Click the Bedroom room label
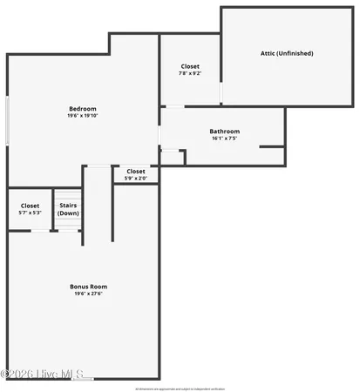point(83,109)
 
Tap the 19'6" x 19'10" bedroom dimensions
point(83,116)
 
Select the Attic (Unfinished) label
point(287,53)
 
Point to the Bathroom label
point(225,132)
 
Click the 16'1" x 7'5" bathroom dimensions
point(225,139)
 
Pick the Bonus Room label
point(89,286)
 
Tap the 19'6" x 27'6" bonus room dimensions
point(89,294)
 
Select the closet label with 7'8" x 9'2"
point(190,66)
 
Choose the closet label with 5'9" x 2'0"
point(136,172)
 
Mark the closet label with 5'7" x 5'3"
point(30,206)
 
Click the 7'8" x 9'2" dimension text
point(190,73)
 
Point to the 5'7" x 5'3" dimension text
point(30,213)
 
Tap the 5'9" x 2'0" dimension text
point(136,179)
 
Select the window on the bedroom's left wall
point(8,120)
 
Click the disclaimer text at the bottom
point(180,387)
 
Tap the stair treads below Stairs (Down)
point(67,225)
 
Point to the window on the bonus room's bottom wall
point(83,378)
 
